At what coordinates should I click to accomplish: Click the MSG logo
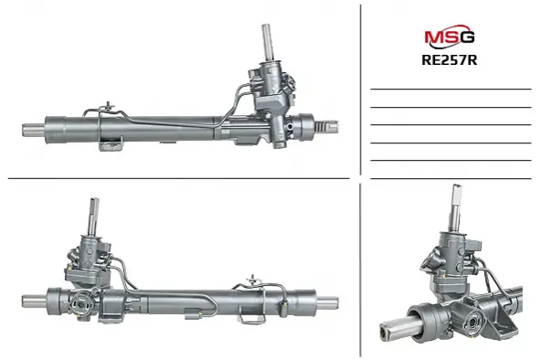click(450, 36)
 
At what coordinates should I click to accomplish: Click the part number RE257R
click(450, 60)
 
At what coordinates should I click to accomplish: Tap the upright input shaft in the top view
click(267, 43)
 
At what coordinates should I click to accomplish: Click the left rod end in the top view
click(34, 130)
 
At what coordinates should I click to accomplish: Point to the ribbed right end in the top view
click(326, 126)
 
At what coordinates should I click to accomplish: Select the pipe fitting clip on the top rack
click(109, 107)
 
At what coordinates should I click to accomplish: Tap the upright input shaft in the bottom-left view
click(93, 217)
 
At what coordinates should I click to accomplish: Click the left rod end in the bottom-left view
click(35, 302)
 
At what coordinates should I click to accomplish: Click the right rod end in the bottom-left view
click(327, 303)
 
